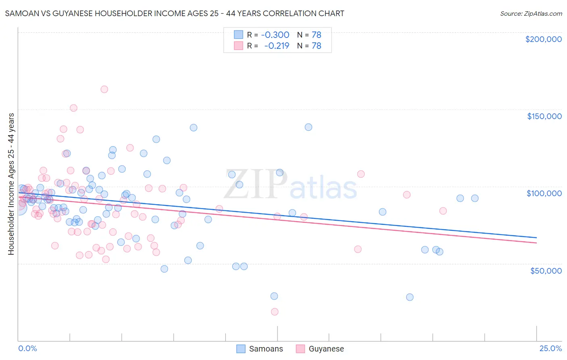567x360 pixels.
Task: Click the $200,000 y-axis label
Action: [543, 39]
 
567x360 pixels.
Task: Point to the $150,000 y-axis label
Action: [544, 116]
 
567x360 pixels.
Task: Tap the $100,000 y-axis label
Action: [544, 193]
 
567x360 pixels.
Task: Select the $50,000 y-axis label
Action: [546, 270]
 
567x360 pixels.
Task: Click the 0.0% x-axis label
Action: [27, 348]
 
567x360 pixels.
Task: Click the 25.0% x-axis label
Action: [550, 348]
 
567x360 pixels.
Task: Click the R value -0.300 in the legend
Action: [275, 35]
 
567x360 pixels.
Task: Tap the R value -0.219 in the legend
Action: [277, 46]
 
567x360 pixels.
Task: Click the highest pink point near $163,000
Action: [104, 89]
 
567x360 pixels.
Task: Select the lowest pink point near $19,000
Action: [275, 312]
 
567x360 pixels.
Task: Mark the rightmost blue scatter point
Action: [475, 198]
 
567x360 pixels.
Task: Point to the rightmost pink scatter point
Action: [443, 211]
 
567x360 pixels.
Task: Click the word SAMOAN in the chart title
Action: [19, 13]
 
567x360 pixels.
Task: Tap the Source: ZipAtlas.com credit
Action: [531, 13]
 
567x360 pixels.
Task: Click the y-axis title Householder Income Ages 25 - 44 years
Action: [11, 184]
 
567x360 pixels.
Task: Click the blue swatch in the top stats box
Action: [238, 35]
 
